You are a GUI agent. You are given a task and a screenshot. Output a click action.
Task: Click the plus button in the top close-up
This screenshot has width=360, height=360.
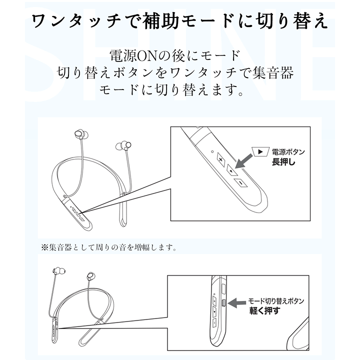click(221, 159)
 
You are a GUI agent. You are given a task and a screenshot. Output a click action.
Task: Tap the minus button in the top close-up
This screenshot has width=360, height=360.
click(240, 184)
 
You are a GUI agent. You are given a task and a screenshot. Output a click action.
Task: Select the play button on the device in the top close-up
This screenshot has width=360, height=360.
click(230, 171)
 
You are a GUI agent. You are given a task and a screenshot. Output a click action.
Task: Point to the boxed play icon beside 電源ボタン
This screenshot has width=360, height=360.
click(260, 152)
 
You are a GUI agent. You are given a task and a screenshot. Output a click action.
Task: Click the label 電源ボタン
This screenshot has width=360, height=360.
click(288, 152)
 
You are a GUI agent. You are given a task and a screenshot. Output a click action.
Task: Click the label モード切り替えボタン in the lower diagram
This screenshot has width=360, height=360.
click(276, 301)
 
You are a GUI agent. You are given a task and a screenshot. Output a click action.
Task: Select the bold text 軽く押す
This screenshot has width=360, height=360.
click(265, 310)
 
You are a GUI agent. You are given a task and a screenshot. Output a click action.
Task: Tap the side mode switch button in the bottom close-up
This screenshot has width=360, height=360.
click(223, 302)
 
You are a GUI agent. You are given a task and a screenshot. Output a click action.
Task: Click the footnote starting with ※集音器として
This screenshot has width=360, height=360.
click(109, 246)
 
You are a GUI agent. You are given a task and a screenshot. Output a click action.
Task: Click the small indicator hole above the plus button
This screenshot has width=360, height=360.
click(212, 151)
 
